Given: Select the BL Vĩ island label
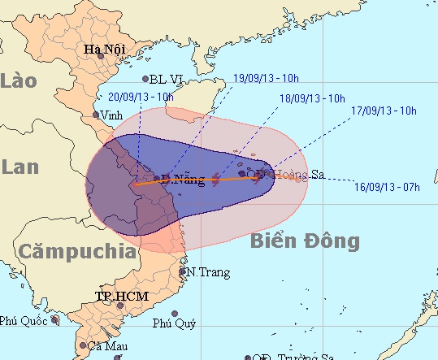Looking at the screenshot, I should (166, 80).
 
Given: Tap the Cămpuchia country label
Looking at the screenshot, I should (77, 251).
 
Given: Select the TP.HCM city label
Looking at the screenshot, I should (121, 296).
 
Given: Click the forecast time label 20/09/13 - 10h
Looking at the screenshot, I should (141, 96).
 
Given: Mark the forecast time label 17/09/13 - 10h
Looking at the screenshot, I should (384, 110).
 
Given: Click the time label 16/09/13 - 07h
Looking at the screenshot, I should (388, 187).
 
